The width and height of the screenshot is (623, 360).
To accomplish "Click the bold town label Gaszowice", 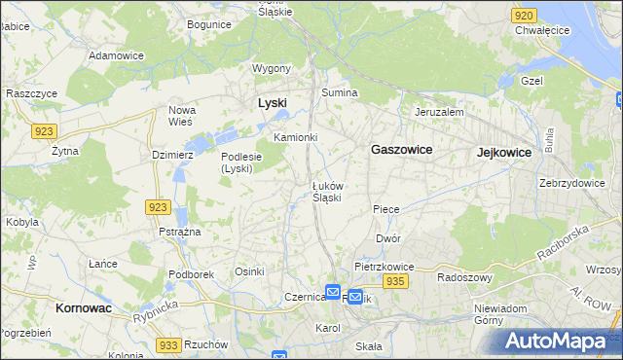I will pyautogui.click(x=402, y=150).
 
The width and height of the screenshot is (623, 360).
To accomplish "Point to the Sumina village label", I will pyautogui.click(x=341, y=92).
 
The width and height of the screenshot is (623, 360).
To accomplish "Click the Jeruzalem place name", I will pyautogui.click(x=439, y=112).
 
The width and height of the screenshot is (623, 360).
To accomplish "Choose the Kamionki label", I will pyautogui.click(x=296, y=137).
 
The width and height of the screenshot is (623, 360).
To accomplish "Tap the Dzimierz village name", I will pyautogui.click(x=174, y=154).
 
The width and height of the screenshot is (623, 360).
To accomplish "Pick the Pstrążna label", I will pyautogui.click(x=179, y=232).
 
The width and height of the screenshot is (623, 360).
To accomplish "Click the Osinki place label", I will pyautogui.click(x=249, y=271).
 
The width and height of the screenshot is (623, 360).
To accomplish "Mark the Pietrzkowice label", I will pyautogui.click(x=385, y=266).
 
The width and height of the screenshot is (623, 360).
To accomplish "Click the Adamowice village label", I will pyautogui.click(x=116, y=55).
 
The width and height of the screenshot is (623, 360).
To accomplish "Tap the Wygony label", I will pyautogui.click(x=272, y=68).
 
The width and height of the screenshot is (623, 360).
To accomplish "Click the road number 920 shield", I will pyautogui.click(x=524, y=16).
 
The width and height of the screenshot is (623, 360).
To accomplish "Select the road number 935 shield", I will pyautogui.click(x=394, y=281).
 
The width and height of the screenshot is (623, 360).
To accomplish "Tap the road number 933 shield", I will pyautogui.click(x=168, y=345).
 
